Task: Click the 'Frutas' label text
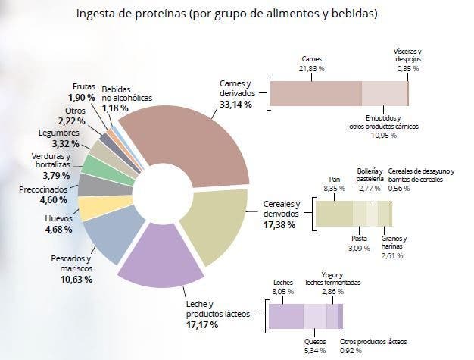(x=84, y=87)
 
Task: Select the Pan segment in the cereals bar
(x=333, y=213)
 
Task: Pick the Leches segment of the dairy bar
(x=285, y=315)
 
